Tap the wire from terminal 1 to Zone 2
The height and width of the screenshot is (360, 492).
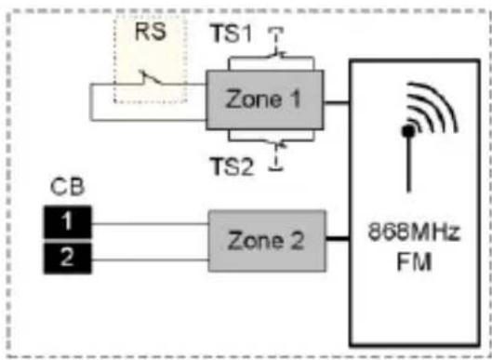(x=140, y=222)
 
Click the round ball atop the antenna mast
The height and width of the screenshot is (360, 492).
(x=406, y=132)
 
